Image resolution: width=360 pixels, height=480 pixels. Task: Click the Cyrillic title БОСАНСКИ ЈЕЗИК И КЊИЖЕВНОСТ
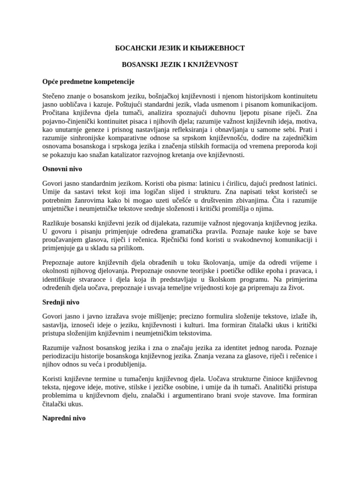[180, 48]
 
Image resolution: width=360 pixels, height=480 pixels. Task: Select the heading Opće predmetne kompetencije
[89, 82]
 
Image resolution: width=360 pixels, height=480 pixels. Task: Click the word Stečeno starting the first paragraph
[55, 96]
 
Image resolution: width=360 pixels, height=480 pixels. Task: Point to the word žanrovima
[92, 200]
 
